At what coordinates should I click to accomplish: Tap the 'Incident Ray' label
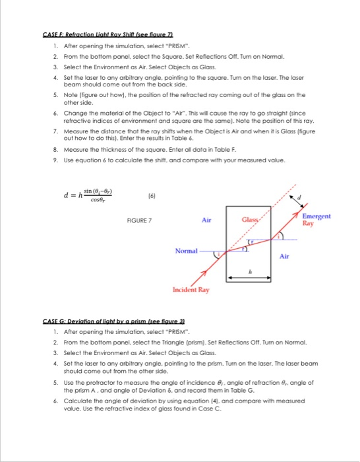[191, 308]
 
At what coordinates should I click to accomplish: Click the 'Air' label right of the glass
[285, 273]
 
